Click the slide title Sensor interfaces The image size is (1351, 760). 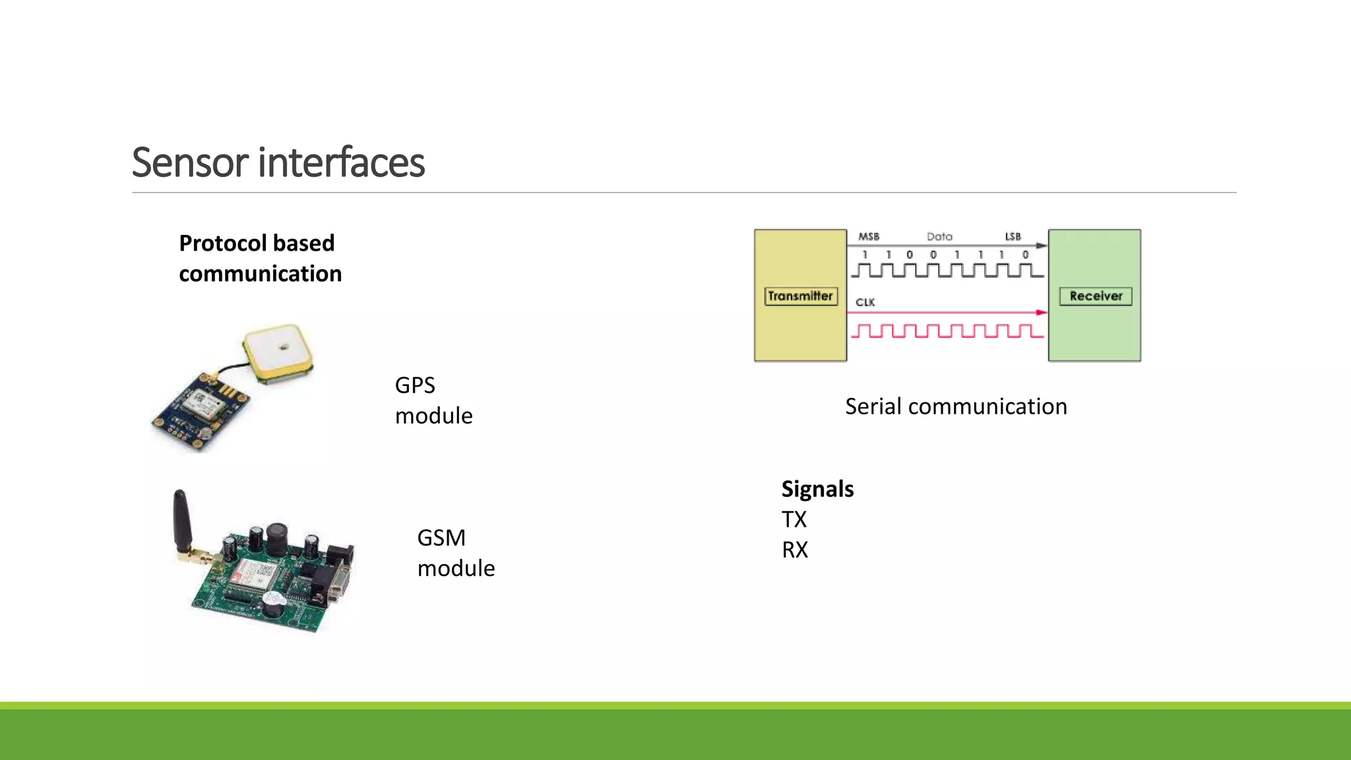278,162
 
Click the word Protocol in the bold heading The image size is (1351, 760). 221,243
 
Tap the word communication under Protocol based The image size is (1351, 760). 260,274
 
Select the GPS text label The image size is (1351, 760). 414,385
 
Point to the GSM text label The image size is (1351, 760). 441,538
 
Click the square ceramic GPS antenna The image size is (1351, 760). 277,352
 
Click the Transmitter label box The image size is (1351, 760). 800,296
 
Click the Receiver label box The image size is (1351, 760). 1095,296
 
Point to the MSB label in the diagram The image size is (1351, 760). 868,236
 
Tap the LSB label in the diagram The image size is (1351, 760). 1013,236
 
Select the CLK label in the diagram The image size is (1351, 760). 865,302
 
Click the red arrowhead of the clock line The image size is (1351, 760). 1041,313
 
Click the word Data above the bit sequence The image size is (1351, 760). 939,236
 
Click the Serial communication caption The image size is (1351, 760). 955,406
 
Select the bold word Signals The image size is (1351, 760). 817,489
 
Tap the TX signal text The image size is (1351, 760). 794,519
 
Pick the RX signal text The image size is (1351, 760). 794,550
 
